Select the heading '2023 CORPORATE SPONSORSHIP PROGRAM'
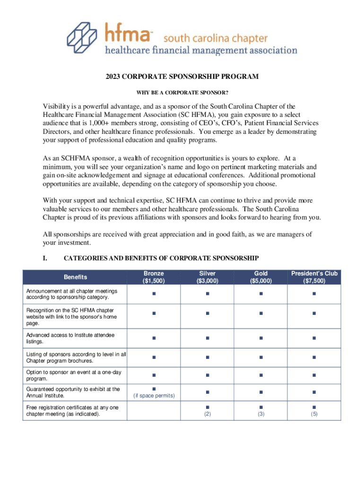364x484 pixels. pos(182,77)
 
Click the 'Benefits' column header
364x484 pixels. pos(76,277)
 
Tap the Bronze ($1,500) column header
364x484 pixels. pos(154,277)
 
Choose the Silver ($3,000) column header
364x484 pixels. pos(207,277)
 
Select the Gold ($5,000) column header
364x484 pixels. pos(260,277)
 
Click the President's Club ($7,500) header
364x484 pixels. pos(314,277)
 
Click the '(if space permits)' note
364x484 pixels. pos(154,396)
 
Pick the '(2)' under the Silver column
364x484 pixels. pos(207,414)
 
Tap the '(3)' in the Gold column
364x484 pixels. pos(260,414)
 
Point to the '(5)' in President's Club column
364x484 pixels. pos(314,414)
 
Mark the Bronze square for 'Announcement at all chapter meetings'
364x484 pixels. pos(154,294)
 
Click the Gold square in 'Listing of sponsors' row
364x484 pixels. pos(260,357)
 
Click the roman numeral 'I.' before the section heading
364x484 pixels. pos(45,258)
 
